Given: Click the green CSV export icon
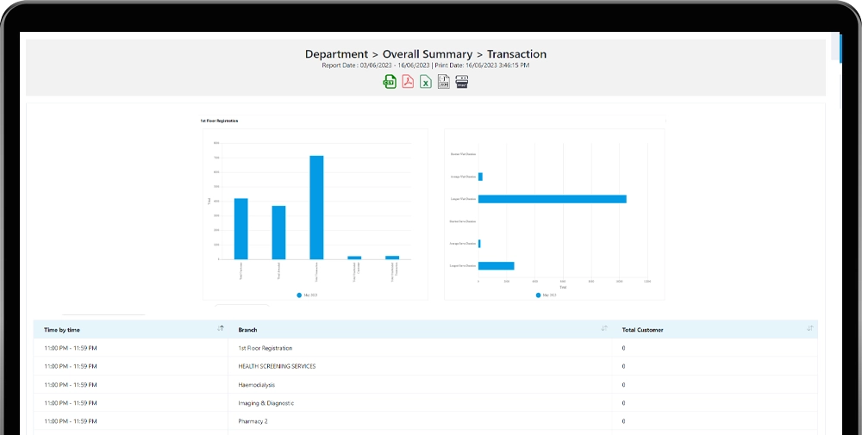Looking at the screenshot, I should (390, 82).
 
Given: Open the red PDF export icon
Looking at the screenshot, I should (408, 82).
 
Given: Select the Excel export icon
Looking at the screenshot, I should (426, 82).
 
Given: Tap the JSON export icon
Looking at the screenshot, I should (444, 82).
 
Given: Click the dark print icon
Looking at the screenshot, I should (462, 82).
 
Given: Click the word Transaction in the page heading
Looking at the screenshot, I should (511, 54).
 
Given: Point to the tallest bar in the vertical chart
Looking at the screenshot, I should (316, 207).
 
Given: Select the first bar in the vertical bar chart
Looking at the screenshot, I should (241, 228).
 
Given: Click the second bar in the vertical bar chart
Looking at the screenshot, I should (278, 232).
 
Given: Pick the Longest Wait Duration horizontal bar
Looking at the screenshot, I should (552, 199).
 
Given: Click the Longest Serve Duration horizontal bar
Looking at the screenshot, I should (496, 265).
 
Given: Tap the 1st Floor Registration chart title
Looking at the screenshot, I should (219, 121).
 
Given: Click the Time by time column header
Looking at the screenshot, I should (62, 330).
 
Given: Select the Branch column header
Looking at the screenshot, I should (247, 330).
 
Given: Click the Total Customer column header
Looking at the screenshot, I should (642, 330).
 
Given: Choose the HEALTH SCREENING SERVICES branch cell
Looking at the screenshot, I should (277, 366).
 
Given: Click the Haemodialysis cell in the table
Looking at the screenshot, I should (258, 384).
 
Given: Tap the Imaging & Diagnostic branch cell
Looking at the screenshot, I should (265, 403).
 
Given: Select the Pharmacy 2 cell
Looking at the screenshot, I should (253, 421).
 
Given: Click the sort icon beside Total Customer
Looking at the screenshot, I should (809, 328).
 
